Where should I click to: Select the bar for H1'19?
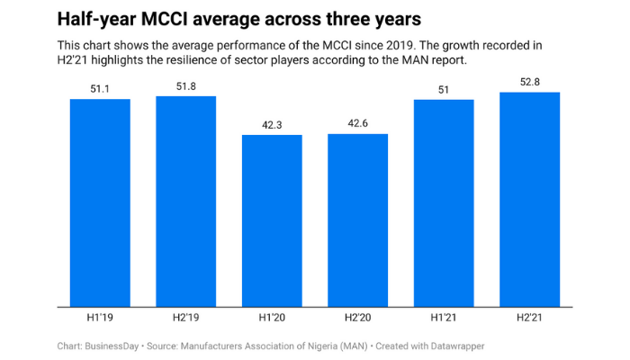coord(100,202)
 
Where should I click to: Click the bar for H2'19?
coord(186,201)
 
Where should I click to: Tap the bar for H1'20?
coord(272,220)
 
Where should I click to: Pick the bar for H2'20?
coord(358,220)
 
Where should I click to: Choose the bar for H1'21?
coord(444,202)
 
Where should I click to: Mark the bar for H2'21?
coord(530,199)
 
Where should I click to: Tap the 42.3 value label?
coord(272,125)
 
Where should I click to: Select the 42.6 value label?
coord(358,124)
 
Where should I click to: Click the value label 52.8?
coord(530,82)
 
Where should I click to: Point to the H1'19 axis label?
coord(100,317)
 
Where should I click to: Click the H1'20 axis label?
coord(272,317)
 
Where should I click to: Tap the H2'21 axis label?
coord(530,317)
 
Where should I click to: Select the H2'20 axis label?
coord(358,317)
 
